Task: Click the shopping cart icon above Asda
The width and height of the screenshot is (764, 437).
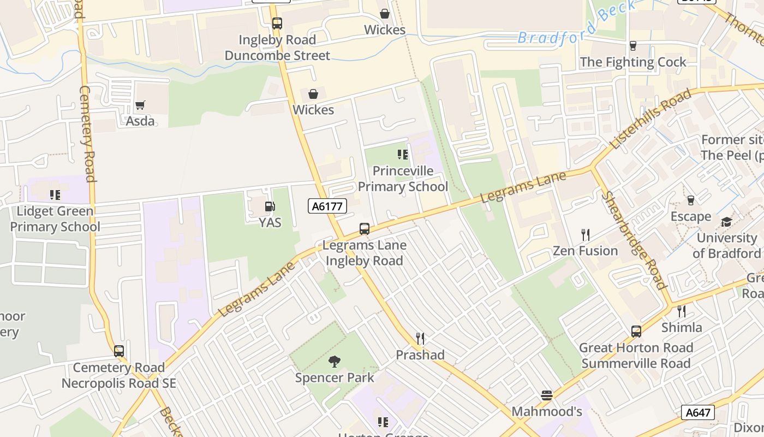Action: (x=140, y=105)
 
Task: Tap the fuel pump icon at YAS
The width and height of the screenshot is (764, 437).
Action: (x=270, y=206)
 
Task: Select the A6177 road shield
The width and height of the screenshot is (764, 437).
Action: (x=327, y=206)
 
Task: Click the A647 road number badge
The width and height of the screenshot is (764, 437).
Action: (x=698, y=412)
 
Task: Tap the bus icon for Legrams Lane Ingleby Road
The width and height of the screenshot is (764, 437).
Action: (x=365, y=229)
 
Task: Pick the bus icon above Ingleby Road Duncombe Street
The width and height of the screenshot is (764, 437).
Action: (x=277, y=23)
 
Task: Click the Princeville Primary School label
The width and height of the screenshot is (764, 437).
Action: (x=403, y=179)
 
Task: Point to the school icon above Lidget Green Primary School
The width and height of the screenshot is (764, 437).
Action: (x=55, y=195)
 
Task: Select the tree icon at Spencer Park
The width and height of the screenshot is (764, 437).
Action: (x=335, y=361)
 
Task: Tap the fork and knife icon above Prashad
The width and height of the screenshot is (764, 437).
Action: (x=420, y=339)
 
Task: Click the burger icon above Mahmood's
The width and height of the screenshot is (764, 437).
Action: (x=547, y=395)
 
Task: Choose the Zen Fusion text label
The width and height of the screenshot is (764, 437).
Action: (x=585, y=251)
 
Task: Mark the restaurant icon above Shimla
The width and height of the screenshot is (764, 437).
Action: (x=682, y=311)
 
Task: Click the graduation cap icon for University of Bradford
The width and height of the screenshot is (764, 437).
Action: (x=726, y=222)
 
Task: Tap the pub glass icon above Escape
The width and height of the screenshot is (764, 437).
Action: (x=691, y=200)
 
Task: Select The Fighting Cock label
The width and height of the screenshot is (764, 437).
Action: (x=633, y=62)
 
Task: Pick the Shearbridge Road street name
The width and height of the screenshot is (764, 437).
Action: (x=635, y=240)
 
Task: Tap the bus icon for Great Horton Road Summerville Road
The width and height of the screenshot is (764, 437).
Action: (x=636, y=332)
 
